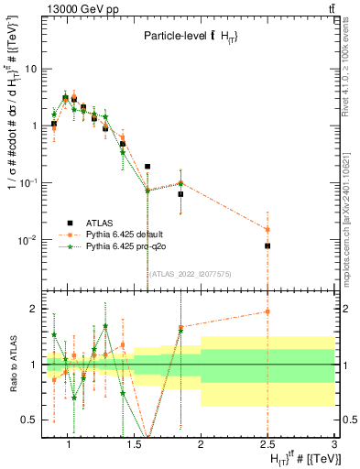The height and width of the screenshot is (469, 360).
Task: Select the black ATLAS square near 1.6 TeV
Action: coord(147,167)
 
